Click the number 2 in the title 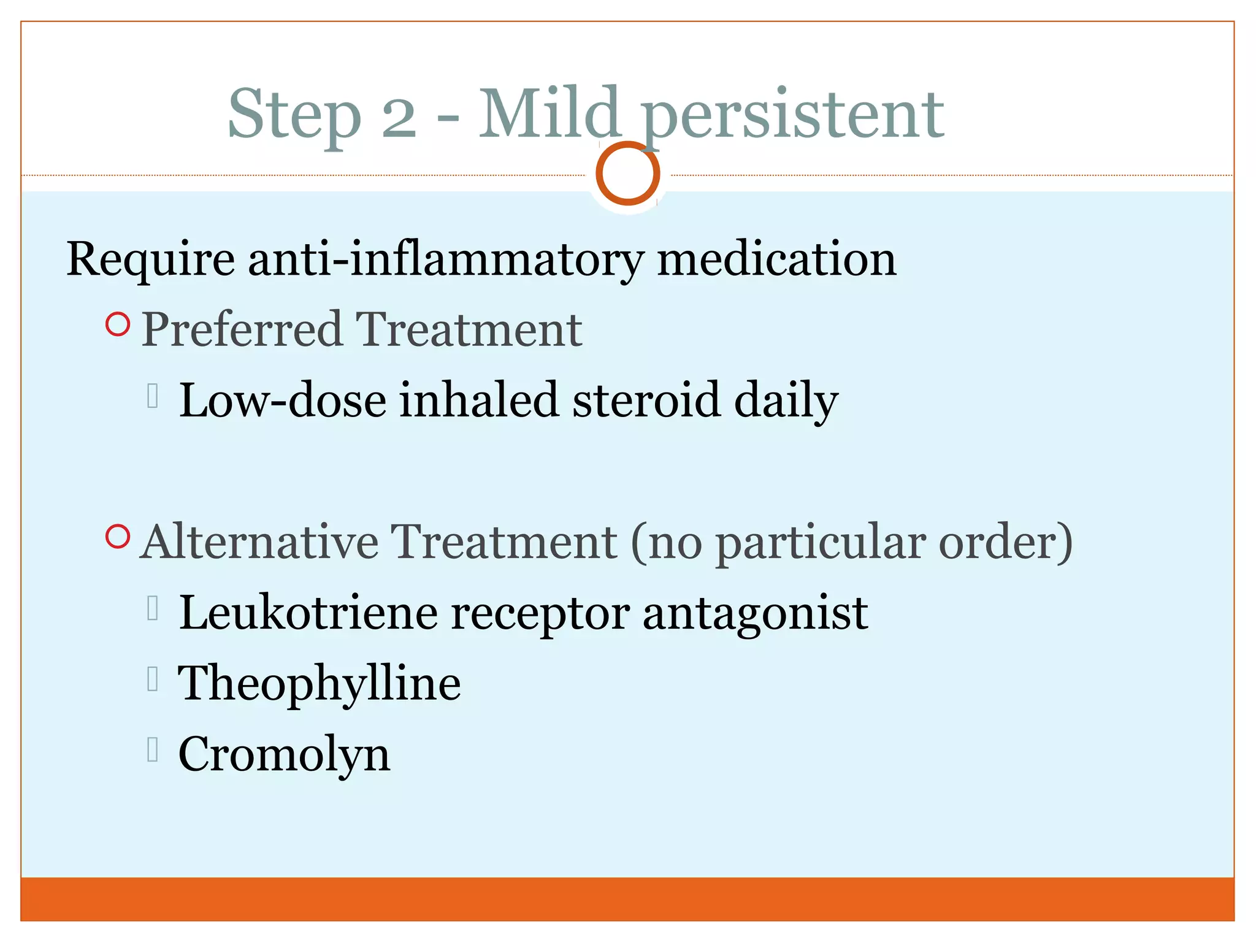click(399, 117)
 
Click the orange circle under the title click(627, 174)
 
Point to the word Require click(150, 259)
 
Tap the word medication click(776, 259)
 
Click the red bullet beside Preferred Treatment click(118, 324)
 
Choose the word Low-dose click(283, 400)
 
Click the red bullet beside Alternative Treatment click(118, 537)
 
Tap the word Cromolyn click(284, 754)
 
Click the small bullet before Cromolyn click(153, 749)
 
